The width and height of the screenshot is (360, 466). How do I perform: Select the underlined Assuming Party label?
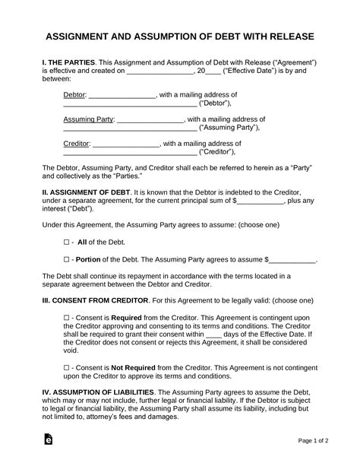point(87,119)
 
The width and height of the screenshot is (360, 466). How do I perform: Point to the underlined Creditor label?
point(76,143)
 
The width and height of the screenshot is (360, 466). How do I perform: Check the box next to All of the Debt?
point(67,241)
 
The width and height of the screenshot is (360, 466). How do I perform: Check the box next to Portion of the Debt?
point(67,259)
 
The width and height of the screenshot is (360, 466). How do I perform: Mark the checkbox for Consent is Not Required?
point(67,366)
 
